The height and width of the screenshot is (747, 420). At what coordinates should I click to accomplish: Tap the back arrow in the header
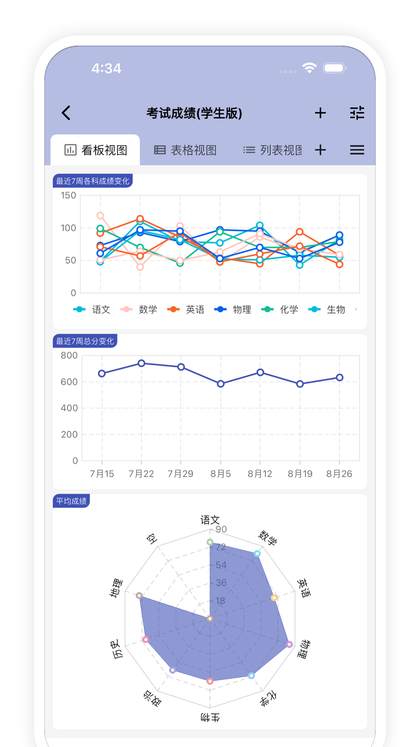point(66,113)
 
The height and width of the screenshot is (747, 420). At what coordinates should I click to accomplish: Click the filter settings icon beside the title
point(357,113)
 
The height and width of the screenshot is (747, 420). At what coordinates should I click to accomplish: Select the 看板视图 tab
point(96,150)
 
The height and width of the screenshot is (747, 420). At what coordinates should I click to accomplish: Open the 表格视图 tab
point(185,150)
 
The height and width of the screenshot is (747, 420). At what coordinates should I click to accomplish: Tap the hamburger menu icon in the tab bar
point(357,150)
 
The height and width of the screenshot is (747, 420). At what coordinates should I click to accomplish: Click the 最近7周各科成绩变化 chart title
point(93,181)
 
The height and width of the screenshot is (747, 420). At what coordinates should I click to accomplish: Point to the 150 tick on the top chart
point(68,196)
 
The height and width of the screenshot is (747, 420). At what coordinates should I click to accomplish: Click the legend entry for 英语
point(186,310)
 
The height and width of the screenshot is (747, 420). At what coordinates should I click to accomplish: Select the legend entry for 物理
point(233,310)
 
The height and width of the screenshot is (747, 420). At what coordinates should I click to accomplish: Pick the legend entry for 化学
point(280,310)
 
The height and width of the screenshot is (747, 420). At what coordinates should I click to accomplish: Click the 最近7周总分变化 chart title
point(85,341)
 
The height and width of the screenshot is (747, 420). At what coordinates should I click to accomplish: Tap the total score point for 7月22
point(141,363)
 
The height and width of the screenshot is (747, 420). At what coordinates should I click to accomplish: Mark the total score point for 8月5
point(220,384)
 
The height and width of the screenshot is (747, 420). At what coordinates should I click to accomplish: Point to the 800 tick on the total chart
point(69,356)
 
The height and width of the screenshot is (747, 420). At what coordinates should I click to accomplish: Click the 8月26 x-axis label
point(339,474)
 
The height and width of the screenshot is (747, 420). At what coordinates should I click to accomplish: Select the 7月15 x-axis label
point(102,474)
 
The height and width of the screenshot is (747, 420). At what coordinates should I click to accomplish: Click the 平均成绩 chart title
point(71,501)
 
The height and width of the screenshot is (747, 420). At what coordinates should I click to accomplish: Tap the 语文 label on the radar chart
point(210,520)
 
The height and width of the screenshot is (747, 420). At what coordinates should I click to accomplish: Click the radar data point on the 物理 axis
point(289,644)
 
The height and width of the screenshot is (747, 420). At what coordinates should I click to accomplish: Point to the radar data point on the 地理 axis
point(139,595)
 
